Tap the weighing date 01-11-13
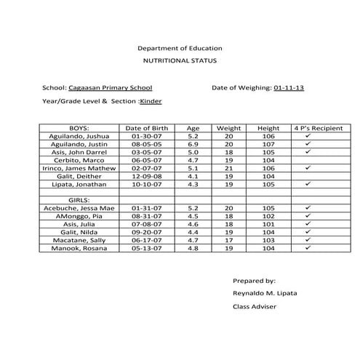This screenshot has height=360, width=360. (289, 87)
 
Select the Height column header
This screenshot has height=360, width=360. (268, 128)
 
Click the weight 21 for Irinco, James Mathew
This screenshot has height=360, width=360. (228, 168)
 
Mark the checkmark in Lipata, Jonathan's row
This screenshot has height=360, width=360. (308, 184)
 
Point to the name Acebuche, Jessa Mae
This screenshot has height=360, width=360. (77, 208)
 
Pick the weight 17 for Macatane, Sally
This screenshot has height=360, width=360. (228, 240)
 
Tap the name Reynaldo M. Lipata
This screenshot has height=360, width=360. (259, 293)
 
